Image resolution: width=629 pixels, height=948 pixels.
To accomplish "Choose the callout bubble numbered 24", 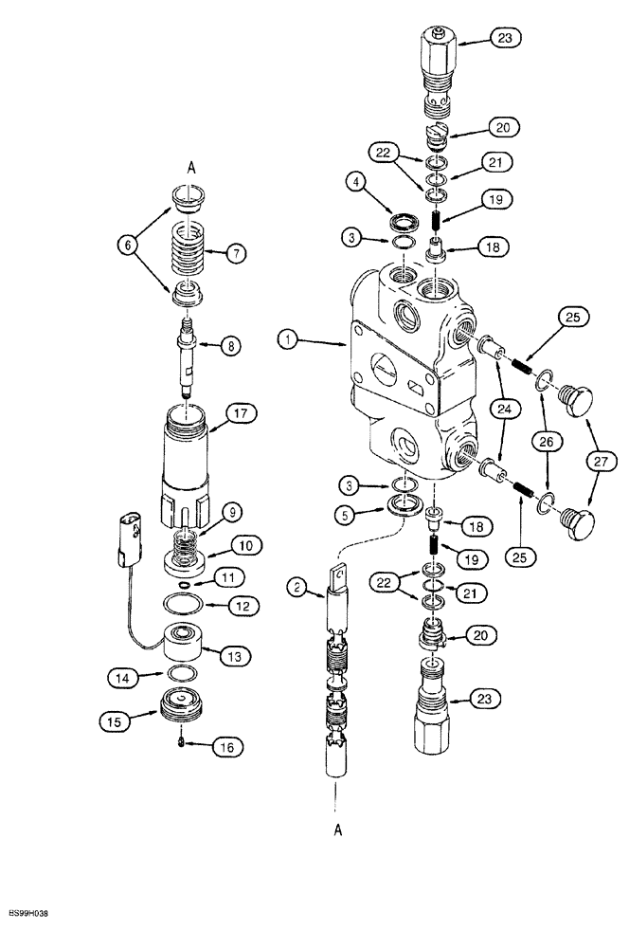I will pyautogui.click(x=505, y=411).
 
